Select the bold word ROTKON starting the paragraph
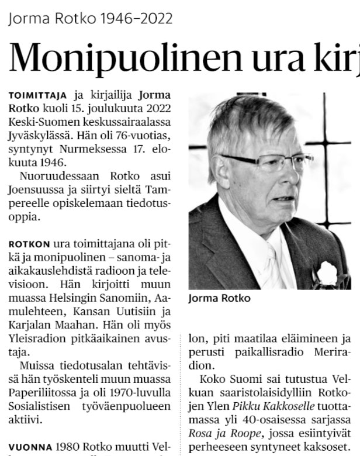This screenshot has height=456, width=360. (29, 243)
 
